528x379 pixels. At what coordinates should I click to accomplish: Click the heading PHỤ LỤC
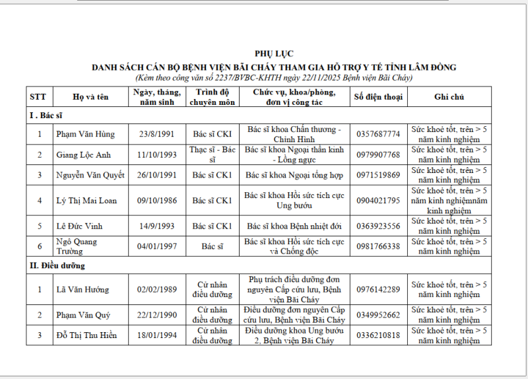tap(274, 53)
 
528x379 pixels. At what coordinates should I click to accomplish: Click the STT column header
tap(39, 96)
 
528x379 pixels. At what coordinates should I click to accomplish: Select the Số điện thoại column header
tap(378, 96)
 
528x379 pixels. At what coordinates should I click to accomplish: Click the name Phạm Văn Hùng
tap(85, 134)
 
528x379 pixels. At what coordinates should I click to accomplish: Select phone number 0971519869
tap(378, 175)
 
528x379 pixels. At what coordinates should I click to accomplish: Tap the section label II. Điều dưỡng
tap(57, 265)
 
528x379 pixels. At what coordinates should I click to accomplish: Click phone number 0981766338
tap(378, 246)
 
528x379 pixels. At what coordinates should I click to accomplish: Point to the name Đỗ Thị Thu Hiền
tap(86, 335)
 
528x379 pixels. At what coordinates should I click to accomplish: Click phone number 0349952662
tap(378, 315)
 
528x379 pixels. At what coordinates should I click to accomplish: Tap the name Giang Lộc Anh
tap(82, 155)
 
